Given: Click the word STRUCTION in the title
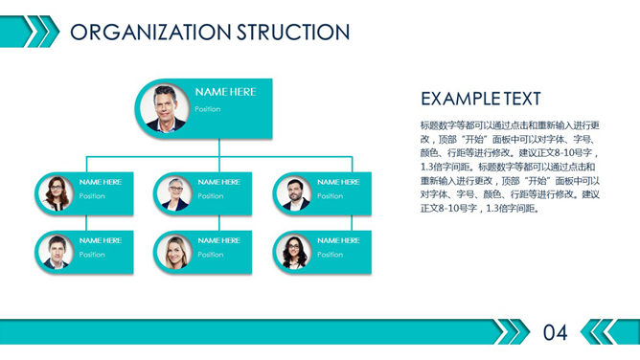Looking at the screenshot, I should pyautogui.click(x=291, y=32).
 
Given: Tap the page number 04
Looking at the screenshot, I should pyautogui.click(x=556, y=333).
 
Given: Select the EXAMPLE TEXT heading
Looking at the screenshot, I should pyautogui.click(x=480, y=99).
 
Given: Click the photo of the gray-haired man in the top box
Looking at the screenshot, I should pyautogui.click(x=166, y=107).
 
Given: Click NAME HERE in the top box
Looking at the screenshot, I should pyautogui.click(x=225, y=92).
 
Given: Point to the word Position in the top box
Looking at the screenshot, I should pyautogui.click(x=208, y=109).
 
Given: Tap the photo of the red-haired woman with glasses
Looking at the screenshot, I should pyautogui.click(x=57, y=192).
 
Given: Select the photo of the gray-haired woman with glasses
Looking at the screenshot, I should pyautogui.click(x=175, y=192).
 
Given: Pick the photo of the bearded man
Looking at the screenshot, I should pyautogui.click(x=294, y=192).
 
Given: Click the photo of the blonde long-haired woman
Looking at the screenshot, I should pyautogui.click(x=175, y=252).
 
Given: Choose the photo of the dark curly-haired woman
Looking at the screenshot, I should pyautogui.click(x=294, y=252).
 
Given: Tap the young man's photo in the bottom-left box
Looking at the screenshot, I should pyautogui.click(x=57, y=252).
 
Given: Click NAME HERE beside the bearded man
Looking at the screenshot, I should pyautogui.click(x=338, y=182).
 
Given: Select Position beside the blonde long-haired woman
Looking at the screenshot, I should pyautogui.click(x=211, y=255).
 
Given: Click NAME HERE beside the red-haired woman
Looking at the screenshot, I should pyautogui.click(x=101, y=182).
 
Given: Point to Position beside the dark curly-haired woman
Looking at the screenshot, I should pyautogui.click(x=330, y=255).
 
